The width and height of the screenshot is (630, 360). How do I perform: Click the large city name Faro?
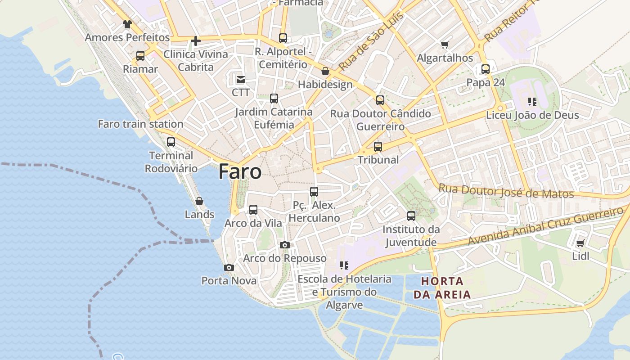(240, 172)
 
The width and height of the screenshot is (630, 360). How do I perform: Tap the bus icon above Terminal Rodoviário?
(171, 142)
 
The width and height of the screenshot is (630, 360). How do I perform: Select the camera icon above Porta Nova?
(229, 267)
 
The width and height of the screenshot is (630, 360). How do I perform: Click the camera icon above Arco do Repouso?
(285, 245)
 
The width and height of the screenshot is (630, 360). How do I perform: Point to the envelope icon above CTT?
(241, 80)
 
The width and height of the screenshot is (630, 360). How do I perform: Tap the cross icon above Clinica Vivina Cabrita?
(196, 41)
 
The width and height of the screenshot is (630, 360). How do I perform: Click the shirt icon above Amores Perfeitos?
(127, 24)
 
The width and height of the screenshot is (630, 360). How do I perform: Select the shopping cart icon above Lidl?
(580, 243)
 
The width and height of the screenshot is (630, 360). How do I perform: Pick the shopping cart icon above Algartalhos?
(445, 45)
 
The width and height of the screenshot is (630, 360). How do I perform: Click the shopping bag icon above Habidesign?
(325, 71)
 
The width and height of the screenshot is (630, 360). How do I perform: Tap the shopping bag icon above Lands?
(199, 201)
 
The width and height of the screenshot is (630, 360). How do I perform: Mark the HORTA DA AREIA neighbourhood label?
(442, 288)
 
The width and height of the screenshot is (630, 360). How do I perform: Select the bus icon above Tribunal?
(378, 146)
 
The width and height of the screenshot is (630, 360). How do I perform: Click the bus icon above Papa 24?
(486, 69)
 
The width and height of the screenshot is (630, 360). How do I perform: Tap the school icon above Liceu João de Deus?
(532, 102)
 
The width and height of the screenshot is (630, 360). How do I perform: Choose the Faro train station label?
(140, 124)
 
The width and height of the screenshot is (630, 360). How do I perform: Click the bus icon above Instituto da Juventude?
(411, 216)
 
